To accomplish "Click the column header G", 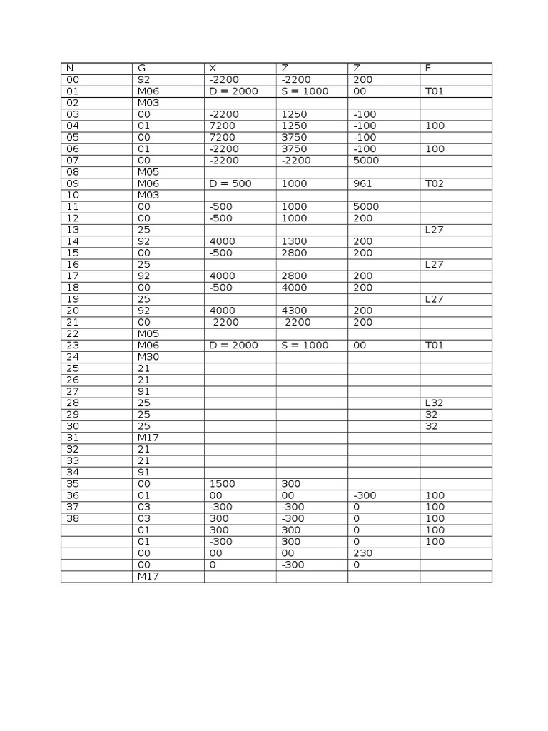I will coord(141,69).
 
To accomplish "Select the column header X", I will coord(213,69).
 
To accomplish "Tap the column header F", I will coord(428,69).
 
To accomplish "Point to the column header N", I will coord(70,69).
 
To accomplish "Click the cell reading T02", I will coord(435,184).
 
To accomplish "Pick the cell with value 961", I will coord(362,184).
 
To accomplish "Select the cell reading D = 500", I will coord(230,184).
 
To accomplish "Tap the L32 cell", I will coord(435,403).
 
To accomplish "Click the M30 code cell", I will coord(148,357).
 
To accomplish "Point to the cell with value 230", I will coord(362,553).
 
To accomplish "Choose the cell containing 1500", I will coord(222,484).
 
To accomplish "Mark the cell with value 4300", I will coord(294,311).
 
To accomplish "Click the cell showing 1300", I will coord(294,242).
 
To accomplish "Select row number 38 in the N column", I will coord(73,519).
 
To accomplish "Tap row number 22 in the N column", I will coord(73,334).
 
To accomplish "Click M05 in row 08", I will coord(148,173).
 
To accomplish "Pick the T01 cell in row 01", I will coord(435,92).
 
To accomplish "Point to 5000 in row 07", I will coord(365,161).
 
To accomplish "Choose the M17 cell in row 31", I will coord(148,438).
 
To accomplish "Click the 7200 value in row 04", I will coord(222,126).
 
